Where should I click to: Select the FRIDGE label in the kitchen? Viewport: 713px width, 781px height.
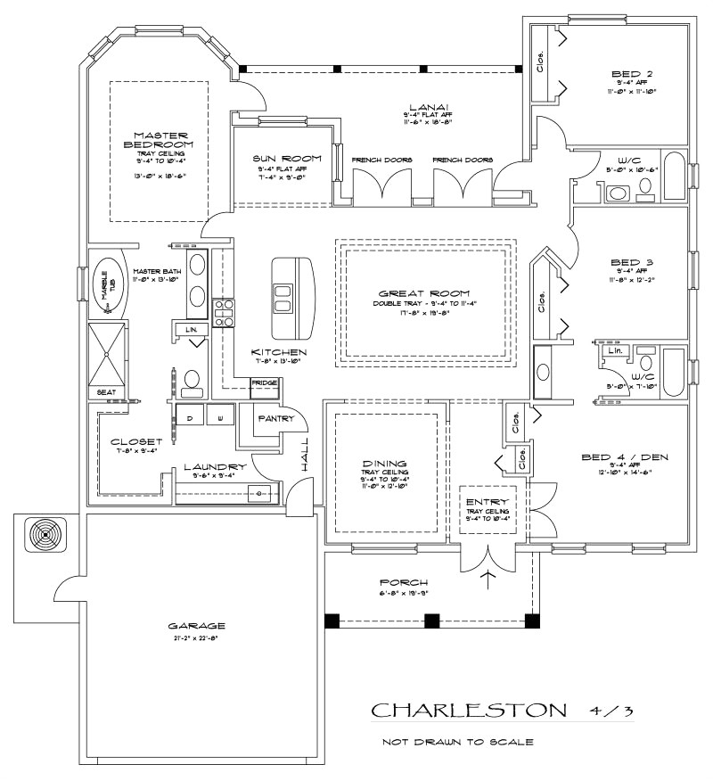coord(264,383)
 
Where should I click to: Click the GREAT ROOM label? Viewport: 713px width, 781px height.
coord(424,293)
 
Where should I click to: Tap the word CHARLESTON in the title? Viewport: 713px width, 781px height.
coord(468,711)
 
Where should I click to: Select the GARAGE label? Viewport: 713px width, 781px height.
coord(196,625)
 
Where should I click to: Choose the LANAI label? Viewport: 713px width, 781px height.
coord(423,105)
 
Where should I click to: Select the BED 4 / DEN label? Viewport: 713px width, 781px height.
coord(625,458)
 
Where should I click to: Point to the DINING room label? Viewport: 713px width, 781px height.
coord(385,464)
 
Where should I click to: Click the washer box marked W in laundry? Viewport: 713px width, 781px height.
coord(220,415)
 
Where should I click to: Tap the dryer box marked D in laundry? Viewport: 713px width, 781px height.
coord(190,415)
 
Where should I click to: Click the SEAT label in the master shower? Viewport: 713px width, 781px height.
coord(105,391)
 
